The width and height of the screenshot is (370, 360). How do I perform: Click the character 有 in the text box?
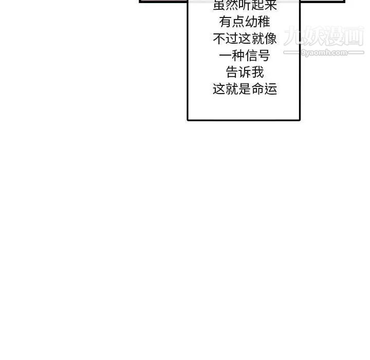[x=226, y=22]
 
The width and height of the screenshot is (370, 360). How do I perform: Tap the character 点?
[x=238, y=22]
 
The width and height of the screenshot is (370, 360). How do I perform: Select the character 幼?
[x=251, y=22]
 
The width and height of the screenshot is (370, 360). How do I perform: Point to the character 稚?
[x=264, y=22]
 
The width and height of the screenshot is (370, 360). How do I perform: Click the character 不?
[x=219, y=39]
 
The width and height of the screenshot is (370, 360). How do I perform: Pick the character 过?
[x=232, y=39]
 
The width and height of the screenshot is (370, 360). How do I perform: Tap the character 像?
[x=271, y=39]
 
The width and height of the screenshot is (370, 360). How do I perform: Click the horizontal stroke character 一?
[x=226, y=56]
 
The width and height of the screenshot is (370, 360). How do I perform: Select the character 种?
[x=238, y=56]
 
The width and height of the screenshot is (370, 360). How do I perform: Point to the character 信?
[x=251, y=56]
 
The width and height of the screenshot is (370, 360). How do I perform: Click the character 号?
[x=264, y=56]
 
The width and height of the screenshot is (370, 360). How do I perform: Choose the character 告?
[x=232, y=72]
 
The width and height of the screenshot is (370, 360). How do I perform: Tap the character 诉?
[x=245, y=72]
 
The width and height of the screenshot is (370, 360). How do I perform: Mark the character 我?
[x=258, y=72]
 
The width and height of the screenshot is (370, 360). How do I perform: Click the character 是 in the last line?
[x=245, y=89]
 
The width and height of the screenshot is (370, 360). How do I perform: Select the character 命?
[x=258, y=89]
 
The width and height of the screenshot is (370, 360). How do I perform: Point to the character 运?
[x=271, y=89]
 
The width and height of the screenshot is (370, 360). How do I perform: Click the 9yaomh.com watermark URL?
[x=324, y=52]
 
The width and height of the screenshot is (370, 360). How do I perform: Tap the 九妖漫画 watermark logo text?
[x=324, y=36]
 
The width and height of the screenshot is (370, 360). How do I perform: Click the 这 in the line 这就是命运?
[x=219, y=89]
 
